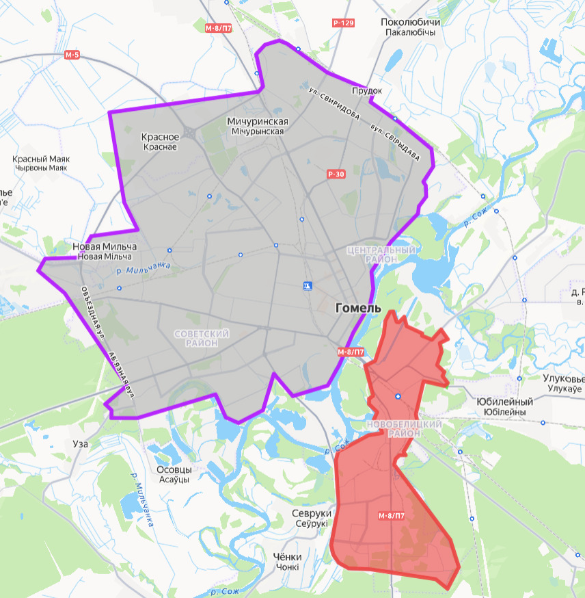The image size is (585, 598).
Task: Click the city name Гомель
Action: (x=358, y=309)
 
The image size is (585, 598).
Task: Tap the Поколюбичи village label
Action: (x=410, y=23)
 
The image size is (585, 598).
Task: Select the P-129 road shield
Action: (x=343, y=23)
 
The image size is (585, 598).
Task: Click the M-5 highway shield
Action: (x=72, y=55)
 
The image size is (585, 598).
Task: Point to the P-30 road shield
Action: (x=336, y=174)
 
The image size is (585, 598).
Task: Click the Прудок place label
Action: (x=367, y=90)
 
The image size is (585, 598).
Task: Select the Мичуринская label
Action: (x=257, y=121)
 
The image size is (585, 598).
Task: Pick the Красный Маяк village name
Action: (x=41, y=159)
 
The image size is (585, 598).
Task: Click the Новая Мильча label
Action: (x=105, y=246)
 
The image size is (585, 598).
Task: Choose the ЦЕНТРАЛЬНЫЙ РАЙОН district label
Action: (x=382, y=255)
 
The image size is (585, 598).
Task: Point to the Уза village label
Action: (x=80, y=443)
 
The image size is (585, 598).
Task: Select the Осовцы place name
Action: (x=174, y=470)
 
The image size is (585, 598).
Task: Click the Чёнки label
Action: (x=287, y=557)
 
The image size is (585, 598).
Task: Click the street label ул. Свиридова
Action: (x=334, y=102)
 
